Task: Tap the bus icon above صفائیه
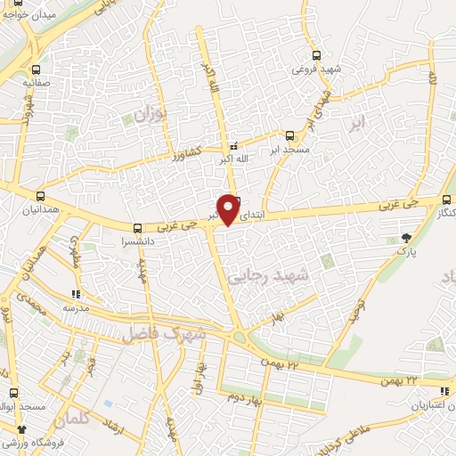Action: [36, 69]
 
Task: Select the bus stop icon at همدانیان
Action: [40, 196]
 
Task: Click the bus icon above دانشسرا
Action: [137, 228]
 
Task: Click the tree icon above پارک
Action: [407, 237]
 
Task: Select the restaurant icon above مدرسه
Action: [76, 294]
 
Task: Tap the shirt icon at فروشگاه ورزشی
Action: [8, 429]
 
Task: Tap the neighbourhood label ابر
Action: [357, 124]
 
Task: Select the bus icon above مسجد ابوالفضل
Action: [13, 392]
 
